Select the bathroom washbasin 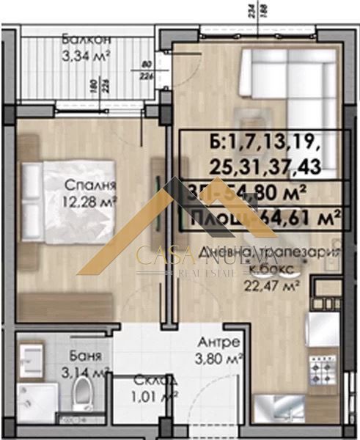point(34,359)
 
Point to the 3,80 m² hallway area point(221,359)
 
